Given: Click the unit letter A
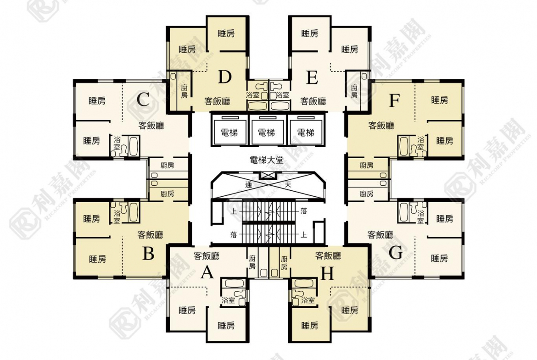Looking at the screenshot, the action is pyautogui.click(x=207, y=273).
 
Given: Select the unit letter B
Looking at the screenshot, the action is pyautogui.click(x=148, y=254).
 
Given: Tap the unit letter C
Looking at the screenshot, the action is pyautogui.click(x=143, y=100).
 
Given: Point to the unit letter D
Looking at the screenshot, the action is pyautogui.click(x=224, y=77).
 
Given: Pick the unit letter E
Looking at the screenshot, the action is pyautogui.click(x=312, y=78).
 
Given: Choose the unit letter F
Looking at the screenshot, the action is pyautogui.click(x=395, y=100).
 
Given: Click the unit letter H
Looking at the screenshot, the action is pyautogui.click(x=327, y=273).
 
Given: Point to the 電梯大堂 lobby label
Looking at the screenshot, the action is pyautogui.click(x=267, y=160).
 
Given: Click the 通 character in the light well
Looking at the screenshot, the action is pyautogui.click(x=249, y=185).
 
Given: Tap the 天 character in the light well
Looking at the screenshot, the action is pyautogui.click(x=288, y=185).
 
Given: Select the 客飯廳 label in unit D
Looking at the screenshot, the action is pyautogui.click(x=217, y=101).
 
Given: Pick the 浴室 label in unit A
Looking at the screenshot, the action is pyautogui.click(x=228, y=300).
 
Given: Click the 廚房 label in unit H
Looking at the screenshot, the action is pyautogui.click(x=284, y=263).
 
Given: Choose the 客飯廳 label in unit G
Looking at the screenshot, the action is pyautogui.click(x=380, y=235).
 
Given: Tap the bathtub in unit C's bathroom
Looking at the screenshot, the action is pyautogui.click(x=134, y=146).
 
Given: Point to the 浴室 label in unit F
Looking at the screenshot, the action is pyautogui.click(x=420, y=144).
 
